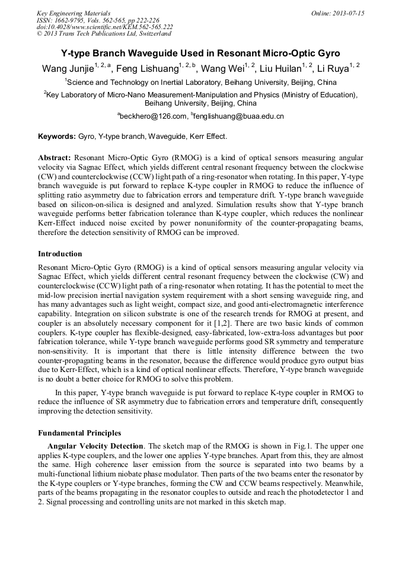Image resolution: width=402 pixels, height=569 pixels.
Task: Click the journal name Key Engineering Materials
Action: point(74,13)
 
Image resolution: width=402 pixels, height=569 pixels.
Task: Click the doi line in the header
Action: point(104,27)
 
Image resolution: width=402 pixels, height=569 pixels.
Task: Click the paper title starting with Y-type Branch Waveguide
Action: point(200,53)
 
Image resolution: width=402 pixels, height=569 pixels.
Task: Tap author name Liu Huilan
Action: point(280,69)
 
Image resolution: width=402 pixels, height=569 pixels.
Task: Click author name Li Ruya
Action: point(333,69)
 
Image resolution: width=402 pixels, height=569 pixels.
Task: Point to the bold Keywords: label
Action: point(57,136)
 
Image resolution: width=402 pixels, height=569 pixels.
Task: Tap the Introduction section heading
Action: point(60,254)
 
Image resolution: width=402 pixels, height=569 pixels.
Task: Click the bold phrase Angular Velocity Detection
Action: point(95,446)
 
